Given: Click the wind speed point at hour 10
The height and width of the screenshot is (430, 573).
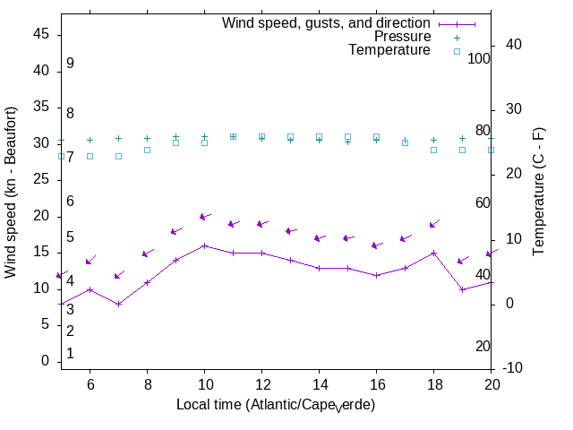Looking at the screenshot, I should click(x=204, y=245).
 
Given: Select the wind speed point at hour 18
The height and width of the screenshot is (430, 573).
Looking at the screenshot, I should click(x=433, y=253).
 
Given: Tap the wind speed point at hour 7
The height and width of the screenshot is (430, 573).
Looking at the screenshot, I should click(x=118, y=304).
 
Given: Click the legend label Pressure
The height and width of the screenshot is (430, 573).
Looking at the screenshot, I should click(x=402, y=37).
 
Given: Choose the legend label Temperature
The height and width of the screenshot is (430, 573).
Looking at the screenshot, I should click(x=389, y=51).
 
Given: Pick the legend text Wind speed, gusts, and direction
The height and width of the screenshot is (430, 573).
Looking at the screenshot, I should click(x=327, y=23).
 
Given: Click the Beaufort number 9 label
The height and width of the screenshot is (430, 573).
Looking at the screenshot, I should click(x=70, y=64).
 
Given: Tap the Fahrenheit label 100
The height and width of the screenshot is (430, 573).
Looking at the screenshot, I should click(x=479, y=58).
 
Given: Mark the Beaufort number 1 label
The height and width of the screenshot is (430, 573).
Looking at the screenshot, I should click(x=70, y=354).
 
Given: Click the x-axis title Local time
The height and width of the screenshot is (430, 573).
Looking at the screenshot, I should click(x=276, y=405).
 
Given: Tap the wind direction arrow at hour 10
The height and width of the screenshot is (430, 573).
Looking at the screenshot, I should click(x=206, y=216).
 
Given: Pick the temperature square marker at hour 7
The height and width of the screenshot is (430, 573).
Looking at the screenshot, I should click(x=118, y=156).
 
